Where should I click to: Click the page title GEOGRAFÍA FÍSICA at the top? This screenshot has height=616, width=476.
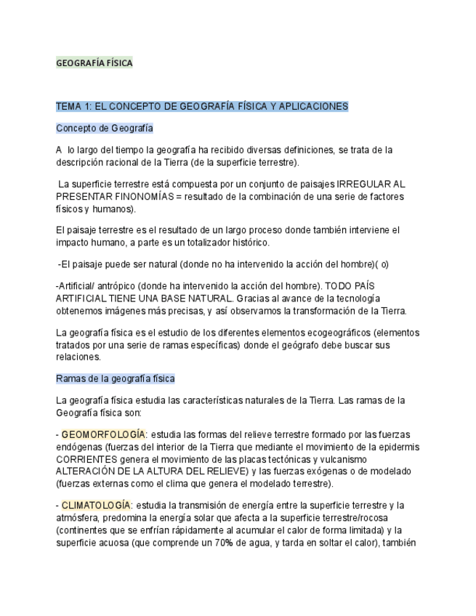pyautogui.click(x=94, y=63)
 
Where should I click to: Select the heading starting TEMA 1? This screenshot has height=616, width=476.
pyautogui.click(x=202, y=106)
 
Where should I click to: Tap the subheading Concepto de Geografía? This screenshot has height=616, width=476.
pyautogui.click(x=105, y=128)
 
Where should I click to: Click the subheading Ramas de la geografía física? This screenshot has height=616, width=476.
pyautogui.click(x=116, y=378)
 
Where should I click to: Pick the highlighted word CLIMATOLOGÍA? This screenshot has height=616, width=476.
pyautogui.click(x=96, y=505)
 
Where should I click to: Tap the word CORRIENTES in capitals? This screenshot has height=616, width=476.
pyautogui.click(x=86, y=459)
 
